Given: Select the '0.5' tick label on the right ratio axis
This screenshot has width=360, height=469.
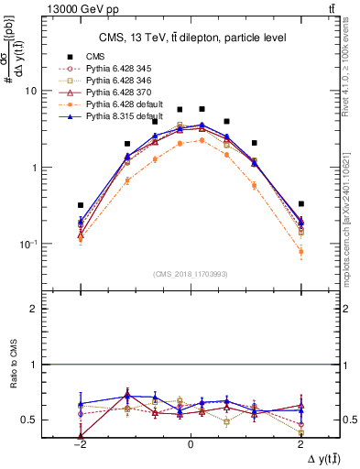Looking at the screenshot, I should (x=348, y=420).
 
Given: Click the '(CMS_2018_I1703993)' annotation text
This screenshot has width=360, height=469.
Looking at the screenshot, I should (x=190, y=273).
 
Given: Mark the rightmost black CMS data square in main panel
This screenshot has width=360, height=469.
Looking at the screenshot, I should (x=300, y=203).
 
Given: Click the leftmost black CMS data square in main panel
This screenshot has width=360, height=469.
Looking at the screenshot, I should (x=81, y=205).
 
